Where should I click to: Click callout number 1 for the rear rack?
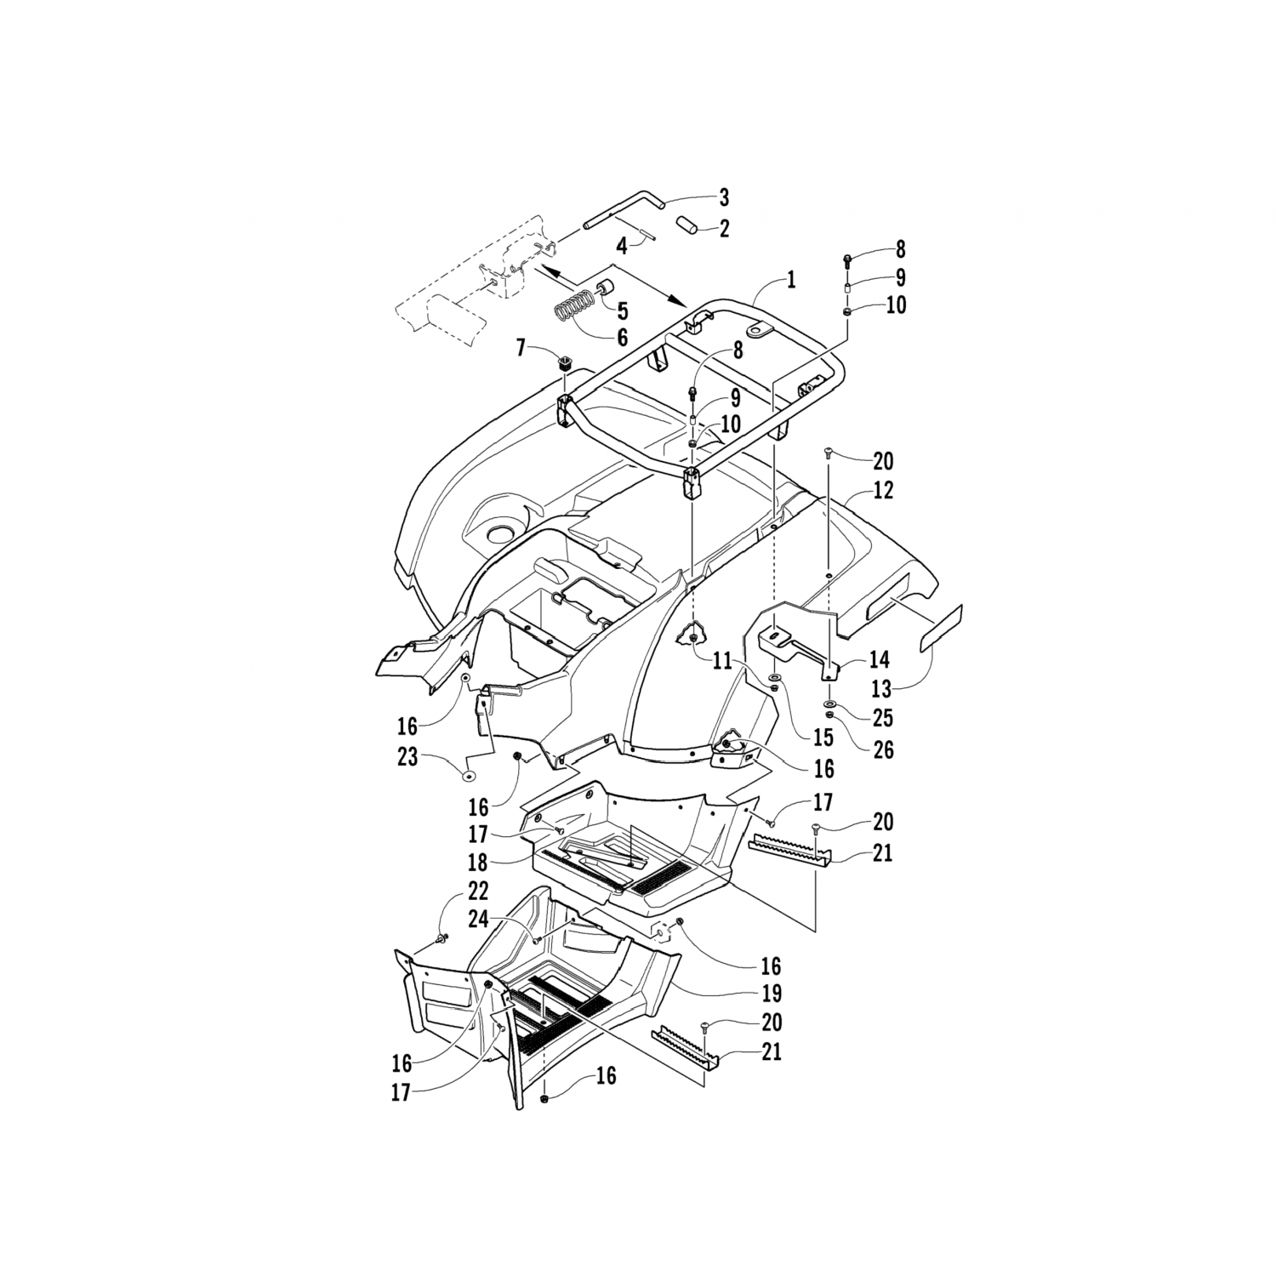(790, 279)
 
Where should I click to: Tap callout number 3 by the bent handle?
(723, 198)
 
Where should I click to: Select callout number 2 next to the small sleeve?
(723, 228)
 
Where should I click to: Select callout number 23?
(407, 755)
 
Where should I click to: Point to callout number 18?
(477, 862)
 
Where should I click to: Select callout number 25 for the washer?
(883, 717)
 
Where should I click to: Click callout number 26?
(883, 749)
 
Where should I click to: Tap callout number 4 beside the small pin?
(622, 247)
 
